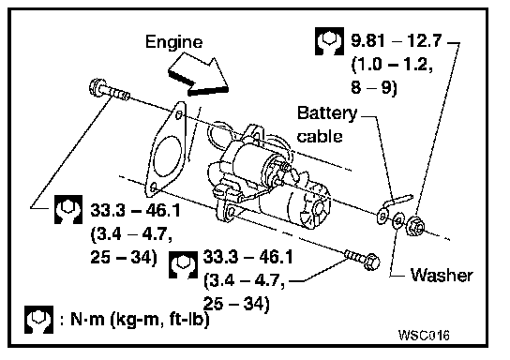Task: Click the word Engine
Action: (x=173, y=43)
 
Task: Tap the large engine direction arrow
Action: (x=199, y=77)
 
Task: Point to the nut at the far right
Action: (x=415, y=226)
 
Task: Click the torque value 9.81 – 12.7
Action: (x=397, y=40)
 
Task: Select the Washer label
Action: (x=442, y=275)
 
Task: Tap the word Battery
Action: (x=327, y=113)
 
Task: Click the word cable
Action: (x=320, y=136)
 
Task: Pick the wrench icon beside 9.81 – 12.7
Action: (x=329, y=41)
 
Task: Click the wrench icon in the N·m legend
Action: (x=38, y=320)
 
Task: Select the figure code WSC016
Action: (x=424, y=335)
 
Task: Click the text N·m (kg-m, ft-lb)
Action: (x=140, y=320)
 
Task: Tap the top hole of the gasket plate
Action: (x=179, y=114)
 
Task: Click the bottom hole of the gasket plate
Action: (x=154, y=187)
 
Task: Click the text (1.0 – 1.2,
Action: (x=392, y=65)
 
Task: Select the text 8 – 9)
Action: (x=374, y=87)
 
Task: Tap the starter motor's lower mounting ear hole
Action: (x=232, y=212)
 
